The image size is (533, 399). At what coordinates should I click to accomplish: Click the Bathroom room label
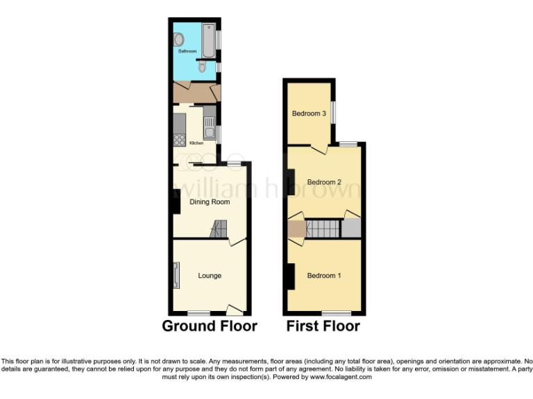(187, 51)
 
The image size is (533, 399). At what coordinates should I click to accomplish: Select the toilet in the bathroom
(202, 66)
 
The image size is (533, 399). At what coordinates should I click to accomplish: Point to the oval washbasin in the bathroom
(178, 39)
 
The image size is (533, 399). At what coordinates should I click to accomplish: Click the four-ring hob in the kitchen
(178, 139)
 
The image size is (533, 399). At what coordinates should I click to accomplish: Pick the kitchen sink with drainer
(209, 127)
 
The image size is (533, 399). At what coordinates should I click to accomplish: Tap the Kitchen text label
(196, 143)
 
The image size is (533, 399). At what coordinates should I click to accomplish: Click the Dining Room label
(210, 202)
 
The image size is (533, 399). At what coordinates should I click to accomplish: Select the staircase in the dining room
(219, 229)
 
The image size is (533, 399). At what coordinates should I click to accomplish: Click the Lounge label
(210, 276)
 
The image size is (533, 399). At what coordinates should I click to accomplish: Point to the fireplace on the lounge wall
(176, 275)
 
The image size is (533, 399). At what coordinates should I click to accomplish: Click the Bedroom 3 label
(309, 114)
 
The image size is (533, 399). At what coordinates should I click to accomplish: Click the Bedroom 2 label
(324, 182)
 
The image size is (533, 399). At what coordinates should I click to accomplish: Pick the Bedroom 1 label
(324, 276)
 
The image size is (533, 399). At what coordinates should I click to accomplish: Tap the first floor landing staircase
(323, 229)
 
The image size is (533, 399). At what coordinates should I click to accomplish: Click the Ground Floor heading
(210, 326)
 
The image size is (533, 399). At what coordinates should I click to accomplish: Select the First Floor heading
(323, 326)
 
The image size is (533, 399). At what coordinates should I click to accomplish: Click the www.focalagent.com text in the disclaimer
(336, 378)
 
